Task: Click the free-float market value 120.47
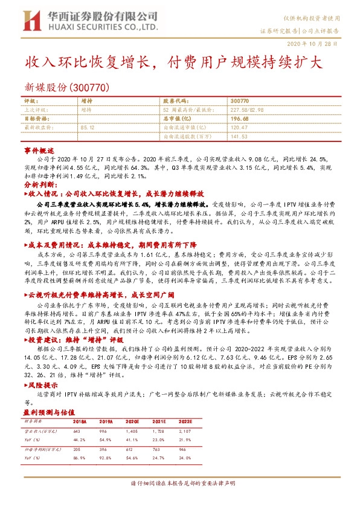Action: coord(240,128)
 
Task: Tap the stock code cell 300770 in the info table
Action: coord(240,102)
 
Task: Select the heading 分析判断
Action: coord(40,184)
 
